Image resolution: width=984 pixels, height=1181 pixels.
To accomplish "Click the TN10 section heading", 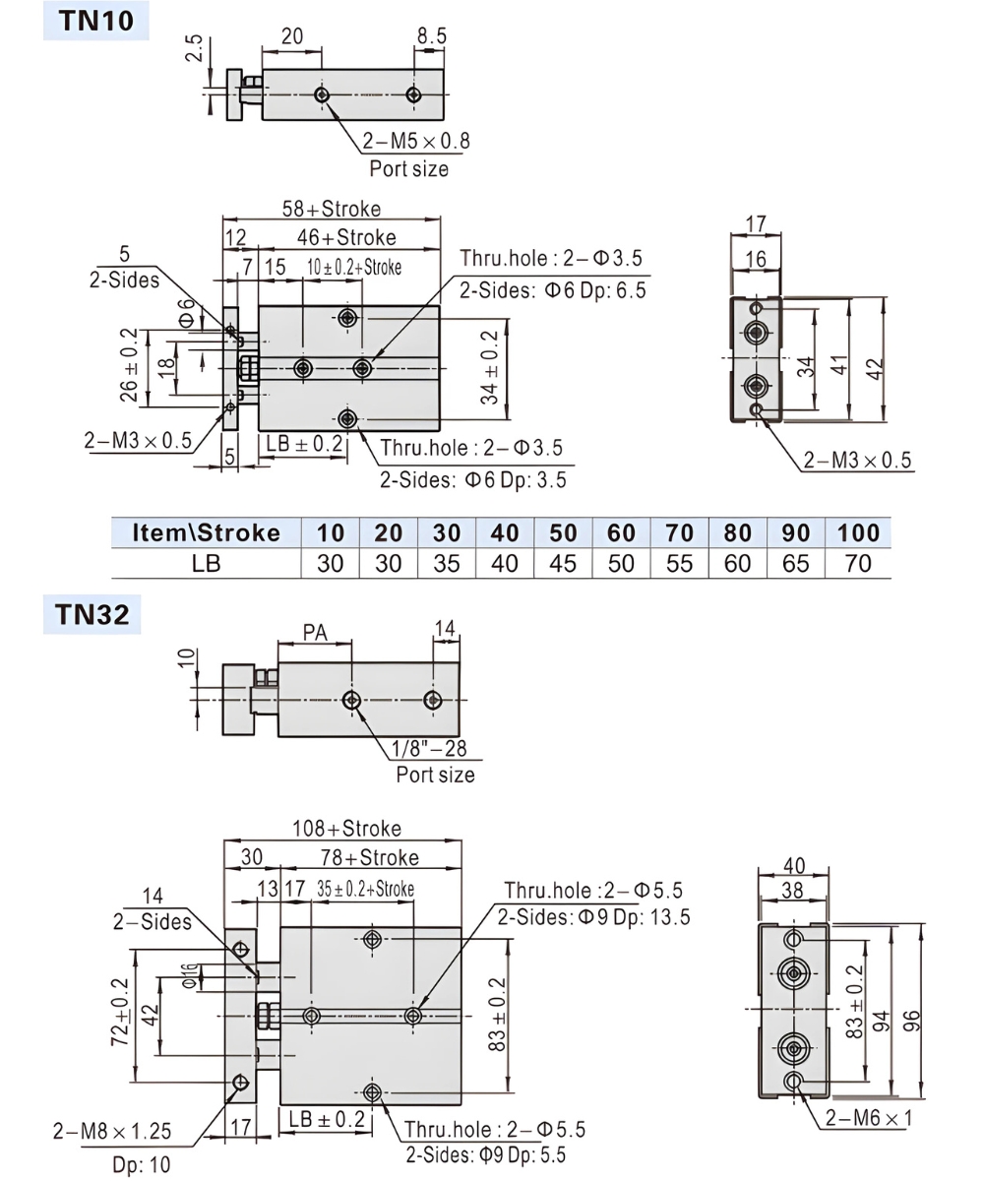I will [95, 20].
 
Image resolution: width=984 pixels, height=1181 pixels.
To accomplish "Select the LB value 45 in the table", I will [562, 563].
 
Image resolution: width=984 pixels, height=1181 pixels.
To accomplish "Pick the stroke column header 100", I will [858, 532].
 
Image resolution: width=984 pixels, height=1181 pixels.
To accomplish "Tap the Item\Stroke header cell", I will [206, 532].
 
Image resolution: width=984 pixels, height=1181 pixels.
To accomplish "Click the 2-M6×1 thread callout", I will [869, 1118].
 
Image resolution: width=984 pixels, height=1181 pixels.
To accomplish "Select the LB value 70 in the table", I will [858, 563].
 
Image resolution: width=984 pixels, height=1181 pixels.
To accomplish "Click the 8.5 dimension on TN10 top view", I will [430, 36].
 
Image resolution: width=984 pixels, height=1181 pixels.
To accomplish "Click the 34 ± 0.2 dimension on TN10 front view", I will [489, 365].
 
